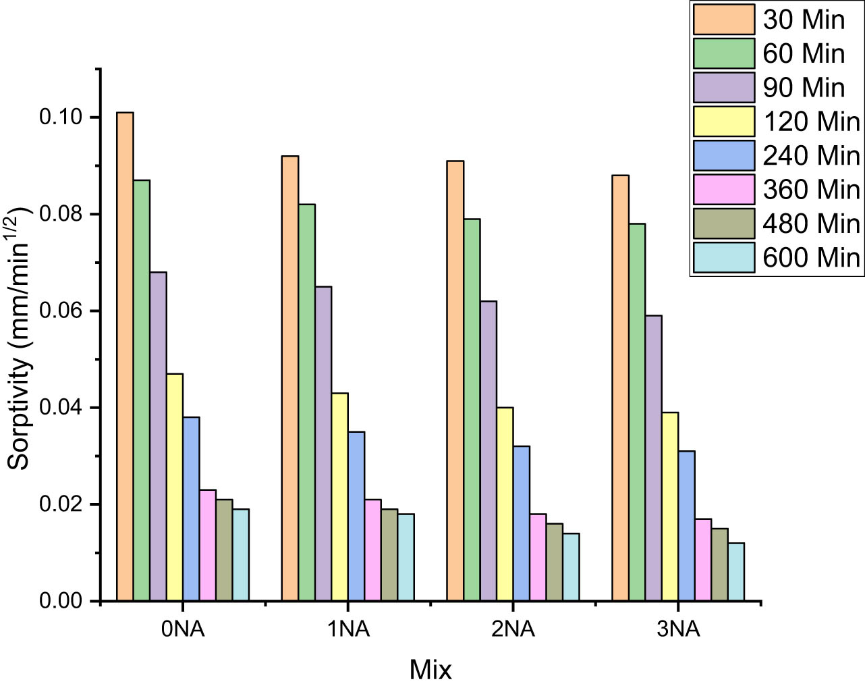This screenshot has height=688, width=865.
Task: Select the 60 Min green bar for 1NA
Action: (306, 402)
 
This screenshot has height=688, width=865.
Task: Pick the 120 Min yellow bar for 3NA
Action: (670, 506)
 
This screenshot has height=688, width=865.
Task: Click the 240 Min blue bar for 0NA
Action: (191, 509)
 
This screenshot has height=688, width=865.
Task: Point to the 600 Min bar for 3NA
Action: (736, 572)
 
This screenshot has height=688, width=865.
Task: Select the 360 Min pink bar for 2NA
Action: (538, 557)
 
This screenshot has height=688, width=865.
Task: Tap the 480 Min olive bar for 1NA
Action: (389, 555)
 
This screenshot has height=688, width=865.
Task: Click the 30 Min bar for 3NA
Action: (620, 388)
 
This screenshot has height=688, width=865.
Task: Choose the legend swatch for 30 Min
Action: (723, 20)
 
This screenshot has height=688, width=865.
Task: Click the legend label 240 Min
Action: (811, 156)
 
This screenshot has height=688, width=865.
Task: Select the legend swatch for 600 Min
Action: (723, 258)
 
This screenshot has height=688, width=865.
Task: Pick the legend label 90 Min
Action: (804, 88)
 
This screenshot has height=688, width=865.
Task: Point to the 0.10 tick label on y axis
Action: (60, 117)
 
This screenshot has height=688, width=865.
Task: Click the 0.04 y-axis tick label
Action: (60, 408)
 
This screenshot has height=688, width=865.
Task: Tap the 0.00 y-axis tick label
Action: (60, 601)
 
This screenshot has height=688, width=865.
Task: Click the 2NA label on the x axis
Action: (513, 629)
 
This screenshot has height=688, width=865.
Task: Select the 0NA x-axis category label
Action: (183, 629)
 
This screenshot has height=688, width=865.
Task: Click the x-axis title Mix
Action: (430, 670)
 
